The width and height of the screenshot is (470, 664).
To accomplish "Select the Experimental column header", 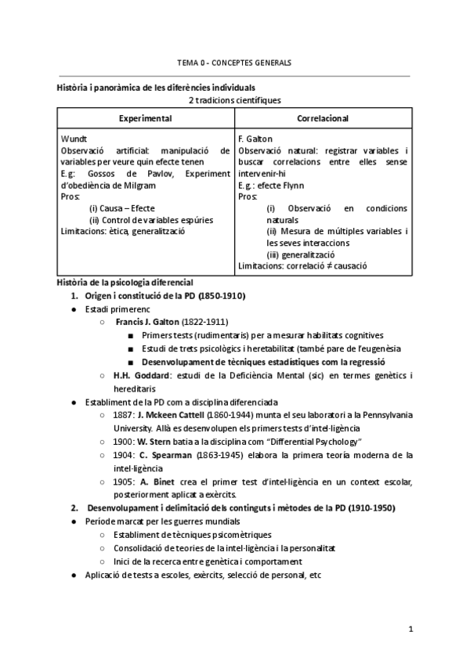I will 145,117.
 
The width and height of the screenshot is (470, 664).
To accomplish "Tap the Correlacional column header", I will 323,117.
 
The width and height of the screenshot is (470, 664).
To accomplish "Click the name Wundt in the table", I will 73,139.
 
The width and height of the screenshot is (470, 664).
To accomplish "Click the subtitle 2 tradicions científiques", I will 234,100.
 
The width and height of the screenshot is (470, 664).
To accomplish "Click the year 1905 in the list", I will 123,480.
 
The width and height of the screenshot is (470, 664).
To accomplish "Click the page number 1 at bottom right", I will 410,629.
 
